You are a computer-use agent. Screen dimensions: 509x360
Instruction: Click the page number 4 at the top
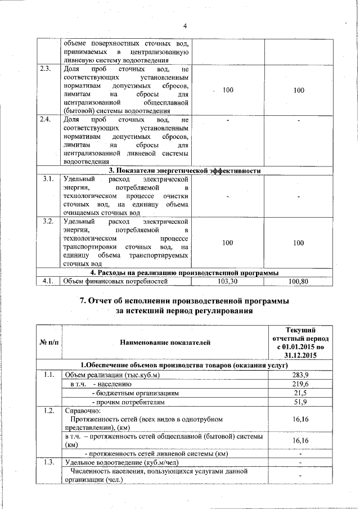(184, 25)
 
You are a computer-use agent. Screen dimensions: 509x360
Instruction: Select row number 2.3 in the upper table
(48, 69)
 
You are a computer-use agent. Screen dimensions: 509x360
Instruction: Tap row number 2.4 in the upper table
(48, 120)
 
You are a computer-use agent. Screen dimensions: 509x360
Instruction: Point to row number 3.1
(48, 179)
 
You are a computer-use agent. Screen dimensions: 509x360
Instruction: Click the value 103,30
(227, 281)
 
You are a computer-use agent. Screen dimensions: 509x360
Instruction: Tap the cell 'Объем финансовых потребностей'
(116, 281)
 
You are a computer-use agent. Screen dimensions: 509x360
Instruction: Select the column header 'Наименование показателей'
(165, 341)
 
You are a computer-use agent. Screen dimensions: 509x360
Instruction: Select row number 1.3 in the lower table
(48, 462)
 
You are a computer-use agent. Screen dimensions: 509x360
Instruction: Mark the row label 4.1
(48, 281)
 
